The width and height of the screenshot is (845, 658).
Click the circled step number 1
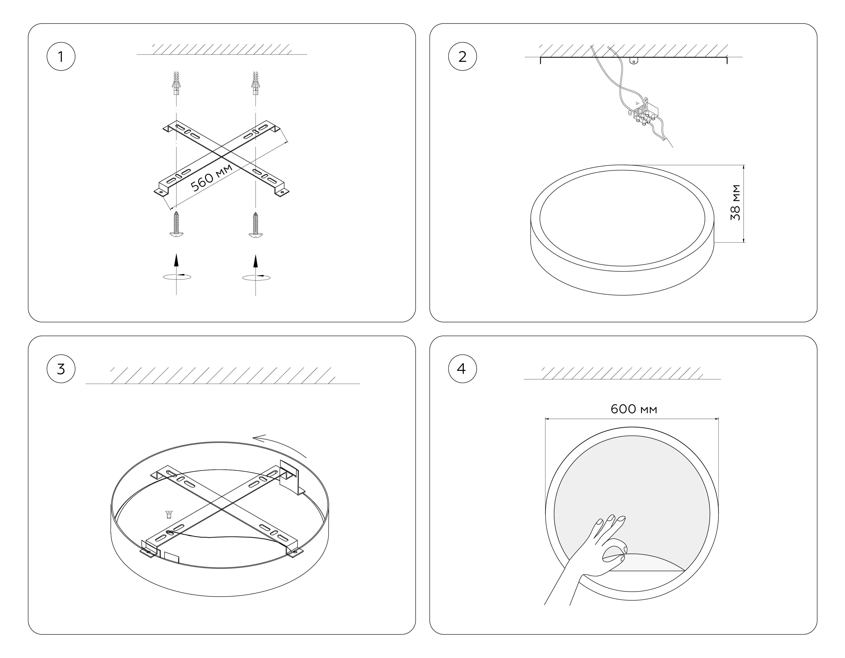(61, 57)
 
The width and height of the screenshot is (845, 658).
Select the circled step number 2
(462, 57)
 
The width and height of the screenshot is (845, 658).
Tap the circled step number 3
(61, 369)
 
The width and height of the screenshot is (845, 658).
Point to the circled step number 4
(462, 369)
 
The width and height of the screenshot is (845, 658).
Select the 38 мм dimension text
(735, 203)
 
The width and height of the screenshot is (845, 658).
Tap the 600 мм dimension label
(634, 409)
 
